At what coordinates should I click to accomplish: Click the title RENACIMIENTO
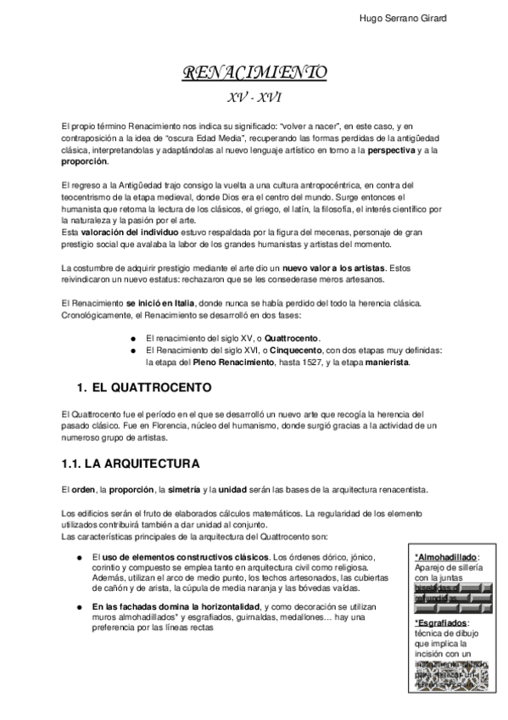click(x=254, y=74)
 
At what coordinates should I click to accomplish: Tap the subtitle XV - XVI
click(x=254, y=97)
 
